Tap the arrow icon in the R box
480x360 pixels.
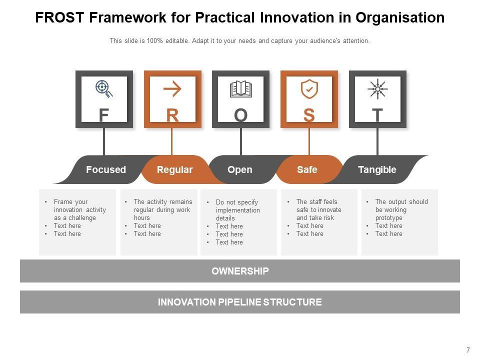[172, 89]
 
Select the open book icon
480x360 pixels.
[240, 89]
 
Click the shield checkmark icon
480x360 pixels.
[309, 89]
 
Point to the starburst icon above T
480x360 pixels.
[377, 89]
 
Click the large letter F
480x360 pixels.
[103, 115]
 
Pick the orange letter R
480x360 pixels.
[172, 115]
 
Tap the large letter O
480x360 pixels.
[240, 115]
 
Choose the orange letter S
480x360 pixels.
[309, 115]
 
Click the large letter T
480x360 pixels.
[377, 115]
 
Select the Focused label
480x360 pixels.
[106, 169]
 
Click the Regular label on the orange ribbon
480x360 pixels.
[174, 169]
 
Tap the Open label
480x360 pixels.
[240, 169]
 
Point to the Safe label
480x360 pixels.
[307, 169]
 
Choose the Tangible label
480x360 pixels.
[377, 169]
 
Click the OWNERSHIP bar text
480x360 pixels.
[240, 271]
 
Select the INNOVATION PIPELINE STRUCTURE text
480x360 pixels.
[240, 302]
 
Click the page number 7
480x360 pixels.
[468, 350]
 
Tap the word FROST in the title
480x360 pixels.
[61, 18]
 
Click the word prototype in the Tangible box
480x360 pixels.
[389, 218]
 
